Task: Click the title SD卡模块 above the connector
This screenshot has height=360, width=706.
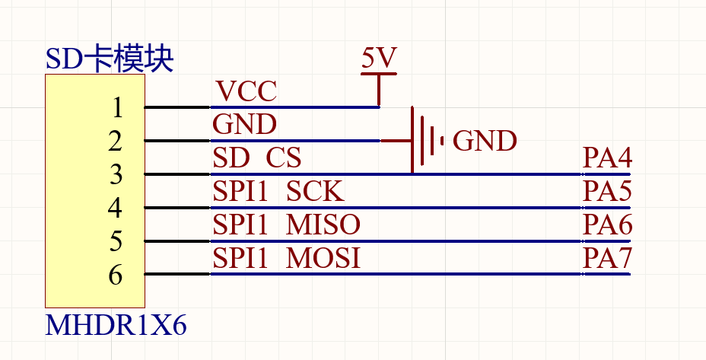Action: (x=110, y=59)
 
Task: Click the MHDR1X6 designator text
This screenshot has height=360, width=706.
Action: (x=116, y=326)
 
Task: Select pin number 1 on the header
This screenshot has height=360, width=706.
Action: (x=116, y=107)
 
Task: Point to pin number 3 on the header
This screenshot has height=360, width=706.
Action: (x=116, y=174)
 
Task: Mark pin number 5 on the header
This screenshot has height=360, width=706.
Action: (x=116, y=241)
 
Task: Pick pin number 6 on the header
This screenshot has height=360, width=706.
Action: (x=116, y=275)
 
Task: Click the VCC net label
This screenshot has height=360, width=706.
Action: (x=246, y=91)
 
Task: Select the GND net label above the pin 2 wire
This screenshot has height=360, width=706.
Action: (x=244, y=124)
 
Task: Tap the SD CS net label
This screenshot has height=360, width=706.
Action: (x=257, y=158)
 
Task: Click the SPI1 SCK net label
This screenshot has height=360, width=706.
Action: (x=278, y=191)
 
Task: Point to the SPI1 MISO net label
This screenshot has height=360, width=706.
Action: (x=286, y=225)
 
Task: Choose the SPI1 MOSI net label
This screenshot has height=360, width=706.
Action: (x=286, y=258)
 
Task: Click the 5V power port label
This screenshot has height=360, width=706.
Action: (x=378, y=59)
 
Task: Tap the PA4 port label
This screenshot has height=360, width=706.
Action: (x=607, y=158)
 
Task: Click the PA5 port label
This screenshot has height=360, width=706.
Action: (x=607, y=191)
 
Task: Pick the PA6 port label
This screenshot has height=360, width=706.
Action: (x=607, y=225)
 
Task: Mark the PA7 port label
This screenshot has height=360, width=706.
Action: (x=607, y=258)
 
